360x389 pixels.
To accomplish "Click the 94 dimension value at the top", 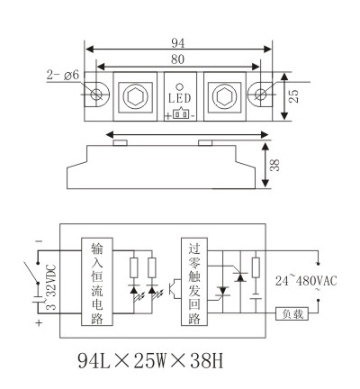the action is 178,43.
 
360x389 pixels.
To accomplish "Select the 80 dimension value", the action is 177,59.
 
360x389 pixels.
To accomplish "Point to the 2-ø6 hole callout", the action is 62,75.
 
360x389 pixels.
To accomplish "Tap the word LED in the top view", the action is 179,98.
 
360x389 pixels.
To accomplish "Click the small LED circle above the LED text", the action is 179,86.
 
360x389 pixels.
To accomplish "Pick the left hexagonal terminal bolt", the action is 135,96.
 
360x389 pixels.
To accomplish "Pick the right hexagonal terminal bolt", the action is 224,96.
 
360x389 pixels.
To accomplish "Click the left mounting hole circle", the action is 97,94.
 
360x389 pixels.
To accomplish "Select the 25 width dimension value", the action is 295,95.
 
